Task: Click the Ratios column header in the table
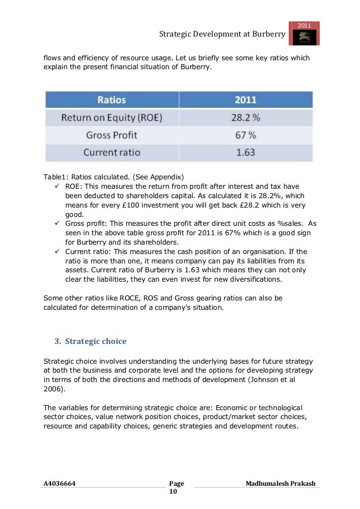click(111, 100)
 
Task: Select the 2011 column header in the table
click(245, 100)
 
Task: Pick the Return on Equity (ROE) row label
click(112, 118)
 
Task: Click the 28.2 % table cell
click(245, 118)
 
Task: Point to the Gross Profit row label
click(112, 135)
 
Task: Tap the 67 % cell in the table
click(245, 135)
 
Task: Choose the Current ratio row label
click(112, 152)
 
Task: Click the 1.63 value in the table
click(245, 152)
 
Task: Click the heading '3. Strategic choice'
click(90, 341)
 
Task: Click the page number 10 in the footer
click(173, 492)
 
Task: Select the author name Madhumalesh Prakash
click(280, 483)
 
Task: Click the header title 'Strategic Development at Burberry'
click(222, 34)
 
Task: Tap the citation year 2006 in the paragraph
click(52, 389)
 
